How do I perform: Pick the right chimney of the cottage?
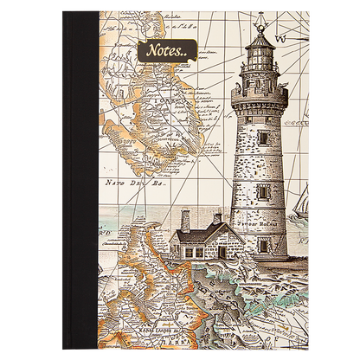point(227,215)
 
